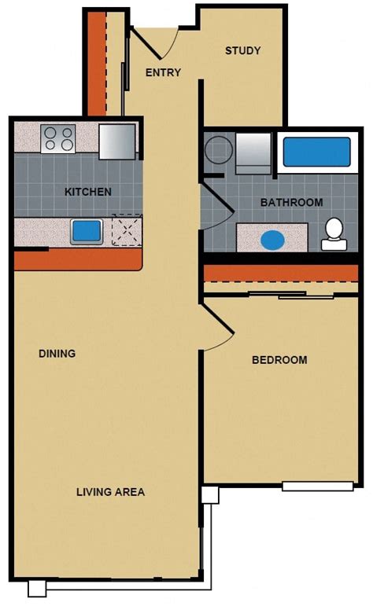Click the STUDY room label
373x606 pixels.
pos(242,51)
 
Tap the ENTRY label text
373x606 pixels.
pos(163,73)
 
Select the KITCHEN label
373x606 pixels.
pos(87,192)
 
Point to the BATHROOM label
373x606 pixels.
pos(291,202)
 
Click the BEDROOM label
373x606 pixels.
pos(279,360)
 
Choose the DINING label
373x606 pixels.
pos(57,354)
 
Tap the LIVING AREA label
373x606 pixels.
pos(110,493)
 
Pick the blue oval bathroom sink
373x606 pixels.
pos(271,239)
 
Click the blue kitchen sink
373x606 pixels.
pos(87,231)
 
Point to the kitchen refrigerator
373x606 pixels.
pos(117,141)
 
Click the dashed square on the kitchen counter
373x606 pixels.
pos(125,230)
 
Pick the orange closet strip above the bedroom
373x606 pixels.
pos(281,273)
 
